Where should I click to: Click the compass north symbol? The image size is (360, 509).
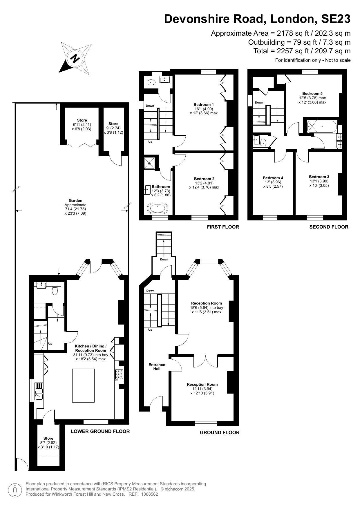coord(75,59)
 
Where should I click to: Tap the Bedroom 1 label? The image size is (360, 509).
coord(204,104)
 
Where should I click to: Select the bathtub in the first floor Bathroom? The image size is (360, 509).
coord(158,208)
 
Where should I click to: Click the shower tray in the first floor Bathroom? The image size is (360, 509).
coord(150,163)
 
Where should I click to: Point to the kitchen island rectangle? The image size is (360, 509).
coord(83,385)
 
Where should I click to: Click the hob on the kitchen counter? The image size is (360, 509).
coord(119,374)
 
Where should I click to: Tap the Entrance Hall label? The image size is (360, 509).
coord(157,367)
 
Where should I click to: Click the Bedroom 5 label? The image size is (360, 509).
coord(312,93)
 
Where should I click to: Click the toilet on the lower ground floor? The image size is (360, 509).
coord(55,291)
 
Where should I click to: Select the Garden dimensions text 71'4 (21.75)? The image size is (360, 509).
coord(75,209)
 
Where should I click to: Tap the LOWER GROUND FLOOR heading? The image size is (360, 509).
coord(100,431)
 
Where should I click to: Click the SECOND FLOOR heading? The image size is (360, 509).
coord(329,227)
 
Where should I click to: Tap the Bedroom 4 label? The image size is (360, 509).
coord(273,178)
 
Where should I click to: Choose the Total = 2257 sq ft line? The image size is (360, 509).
coord(302,51)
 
